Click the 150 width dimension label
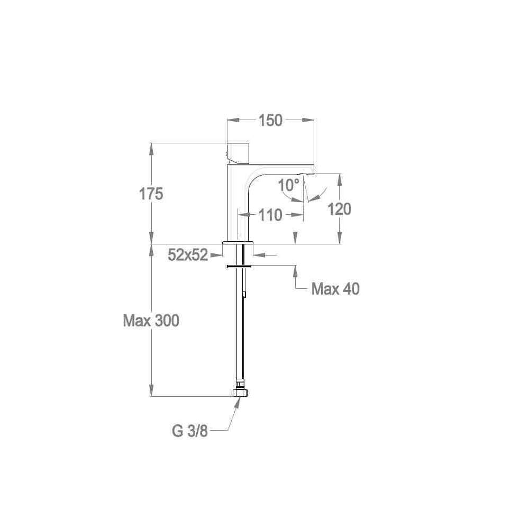click(x=270, y=121)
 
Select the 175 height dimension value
click(x=151, y=194)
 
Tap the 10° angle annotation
click(x=289, y=185)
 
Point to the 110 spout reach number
click(x=270, y=215)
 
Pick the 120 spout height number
click(x=339, y=209)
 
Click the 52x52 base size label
click(x=188, y=256)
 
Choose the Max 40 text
click(x=335, y=289)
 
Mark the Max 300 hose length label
click(x=151, y=321)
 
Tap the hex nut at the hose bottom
click(x=240, y=393)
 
